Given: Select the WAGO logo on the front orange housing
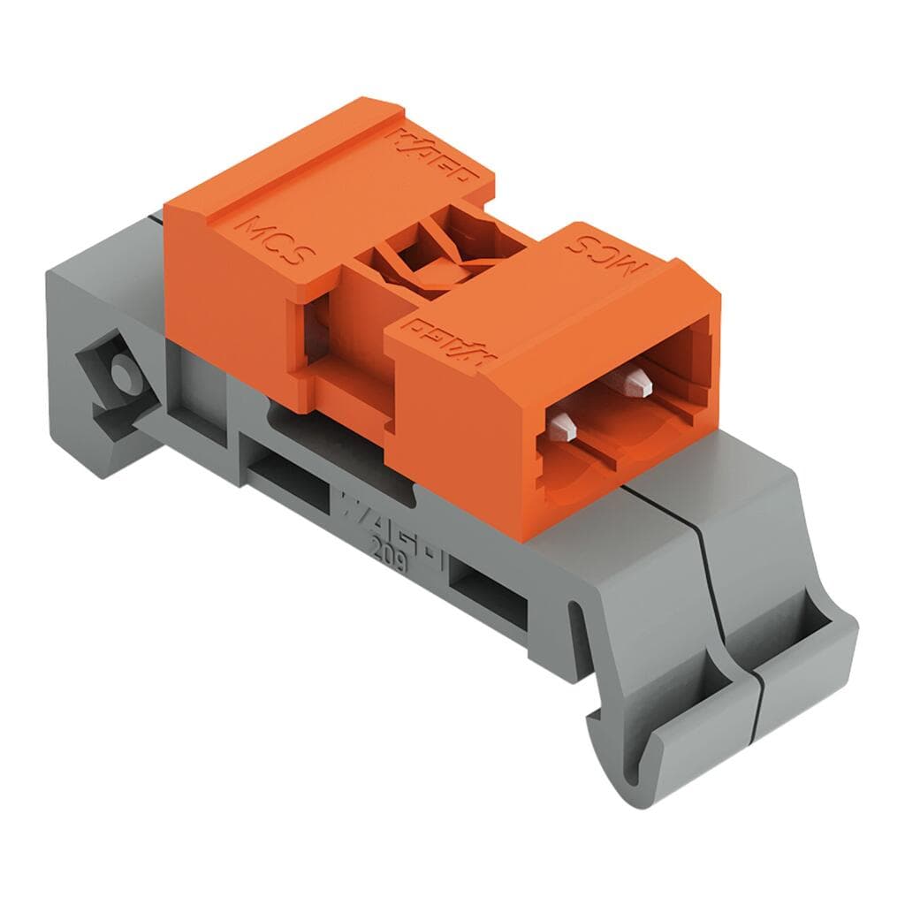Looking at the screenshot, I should (450, 341).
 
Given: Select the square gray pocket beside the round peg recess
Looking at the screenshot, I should (190, 389).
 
